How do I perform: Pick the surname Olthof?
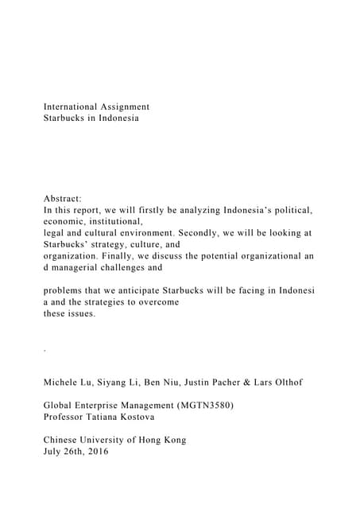285,383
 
